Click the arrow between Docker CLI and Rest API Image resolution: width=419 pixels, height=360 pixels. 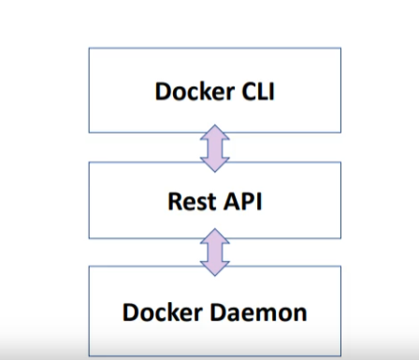coord(215,147)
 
